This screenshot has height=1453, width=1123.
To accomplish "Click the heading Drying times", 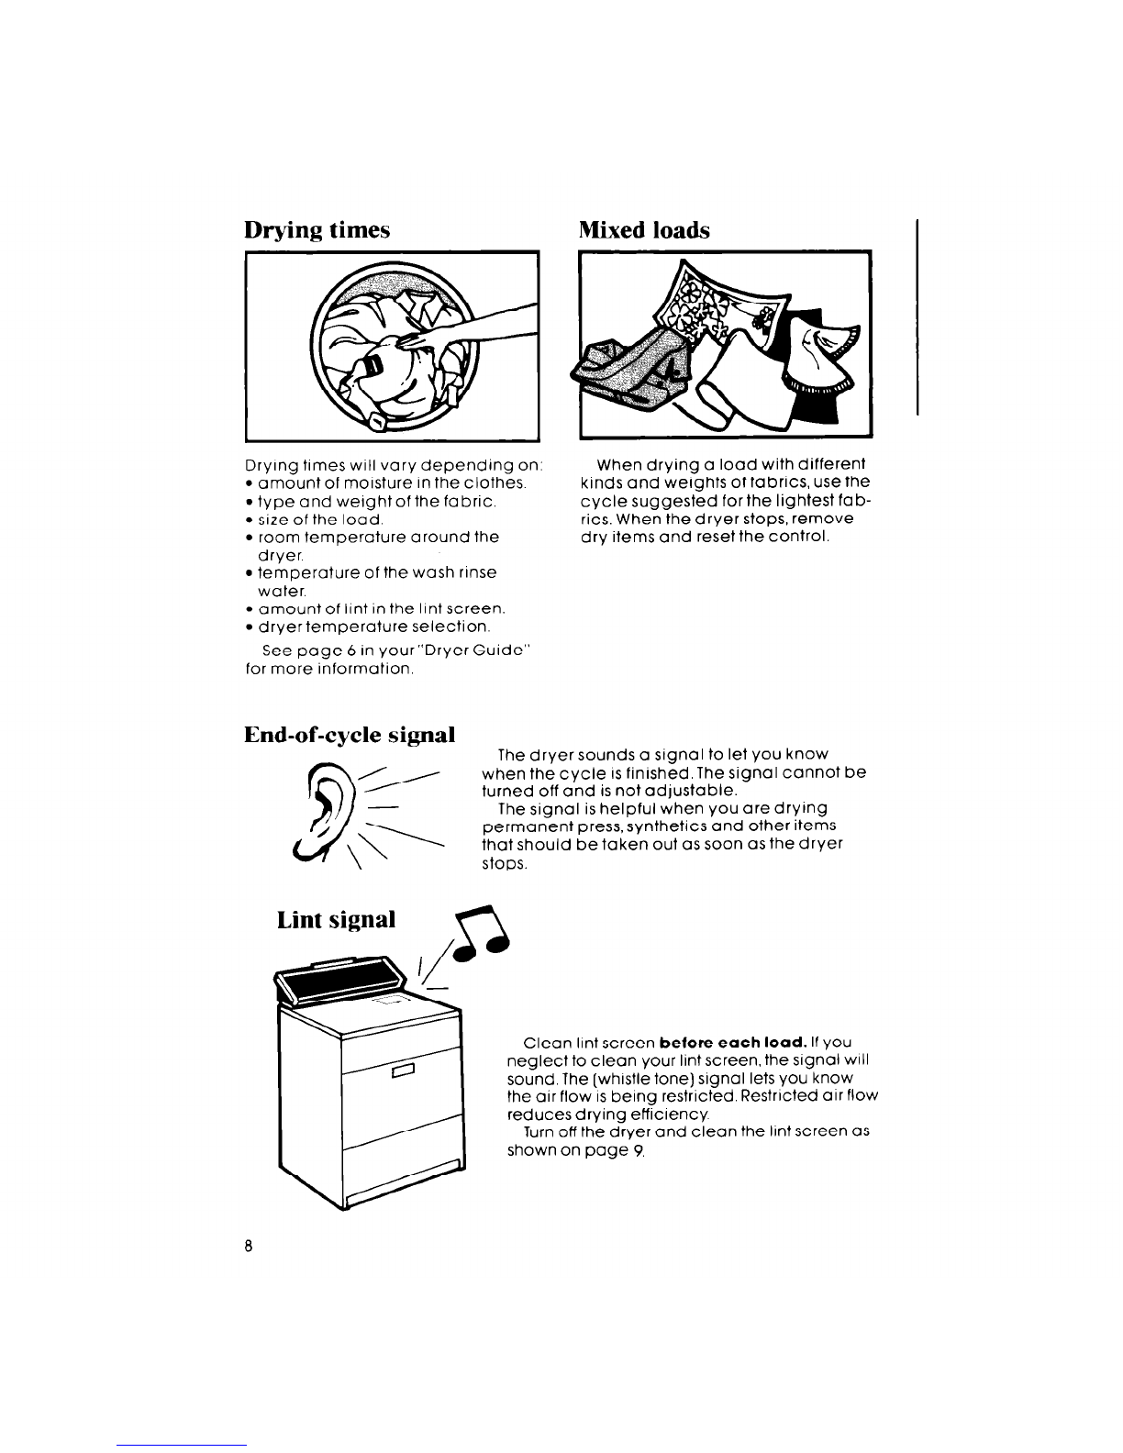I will coord(317,230).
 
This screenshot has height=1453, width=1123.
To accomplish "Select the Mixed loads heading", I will coord(645,230).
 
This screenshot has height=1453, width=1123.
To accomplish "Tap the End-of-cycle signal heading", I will coord(350,735).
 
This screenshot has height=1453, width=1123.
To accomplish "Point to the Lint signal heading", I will coord(336,919).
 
